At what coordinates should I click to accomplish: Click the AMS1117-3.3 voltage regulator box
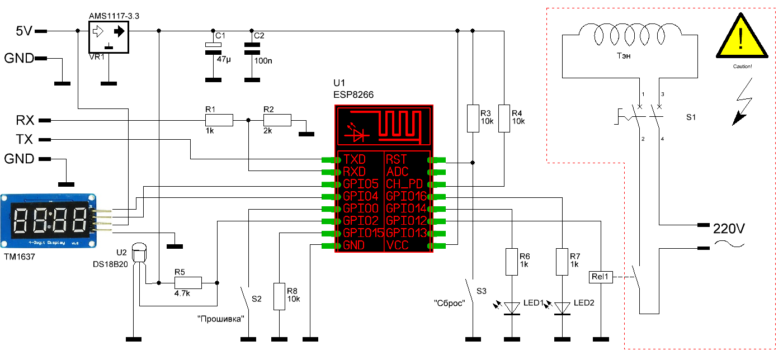109,37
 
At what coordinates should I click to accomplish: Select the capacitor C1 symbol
210,49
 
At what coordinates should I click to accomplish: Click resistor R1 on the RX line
218,120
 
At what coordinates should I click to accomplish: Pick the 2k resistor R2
277,120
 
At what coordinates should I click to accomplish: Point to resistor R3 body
473,118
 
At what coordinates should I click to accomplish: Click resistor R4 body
504,118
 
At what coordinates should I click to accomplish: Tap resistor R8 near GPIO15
279,296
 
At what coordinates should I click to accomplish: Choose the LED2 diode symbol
562,307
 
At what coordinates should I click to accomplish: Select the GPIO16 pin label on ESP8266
407,196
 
